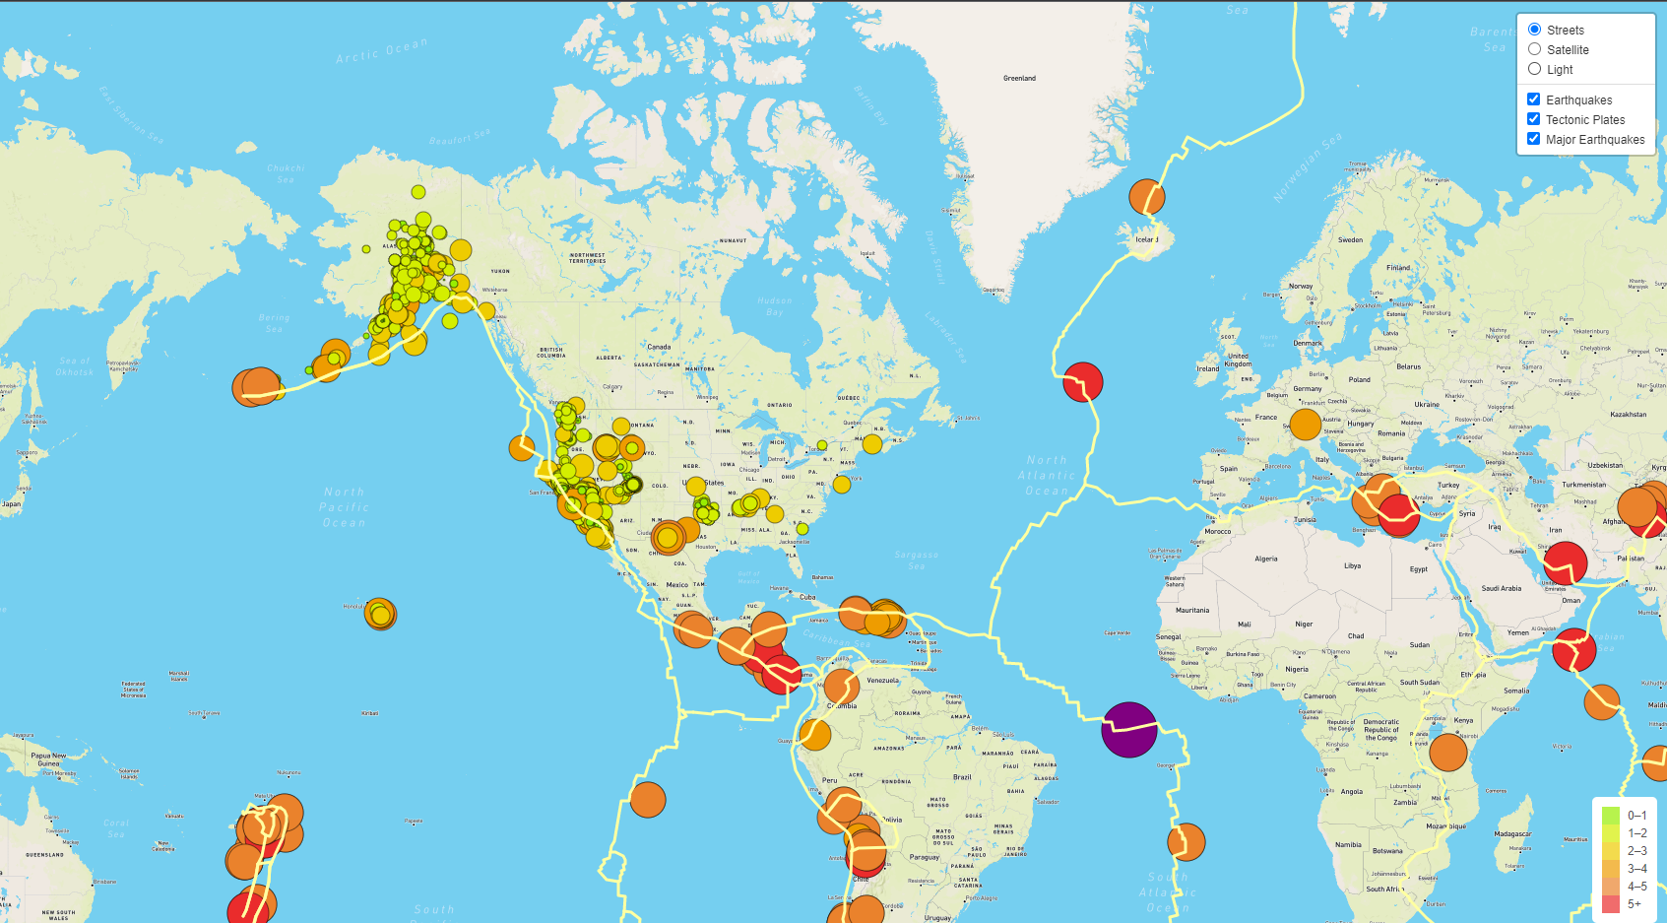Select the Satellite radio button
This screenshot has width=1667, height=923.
click(1534, 49)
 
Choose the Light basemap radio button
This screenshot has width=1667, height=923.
click(1534, 69)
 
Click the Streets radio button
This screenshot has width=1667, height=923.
click(1534, 30)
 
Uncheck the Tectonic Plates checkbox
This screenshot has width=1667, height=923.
click(1533, 119)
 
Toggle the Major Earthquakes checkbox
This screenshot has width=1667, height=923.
click(1533, 139)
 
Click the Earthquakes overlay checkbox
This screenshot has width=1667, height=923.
click(1533, 99)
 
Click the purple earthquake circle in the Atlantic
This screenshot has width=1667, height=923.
click(1129, 729)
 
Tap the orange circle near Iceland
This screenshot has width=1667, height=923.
click(1146, 197)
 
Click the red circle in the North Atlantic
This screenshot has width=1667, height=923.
click(1083, 382)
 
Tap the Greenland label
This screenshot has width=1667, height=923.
click(1019, 78)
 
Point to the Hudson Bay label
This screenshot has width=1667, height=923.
click(775, 306)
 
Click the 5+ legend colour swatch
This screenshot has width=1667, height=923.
click(1610, 903)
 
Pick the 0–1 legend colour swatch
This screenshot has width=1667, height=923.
click(1610, 815)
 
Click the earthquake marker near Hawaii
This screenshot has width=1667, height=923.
click(380, 614)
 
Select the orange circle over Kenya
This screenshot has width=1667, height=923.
click(1447, 752)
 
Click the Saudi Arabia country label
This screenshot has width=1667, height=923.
click(1501, 588)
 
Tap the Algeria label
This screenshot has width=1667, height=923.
click(1266, 559)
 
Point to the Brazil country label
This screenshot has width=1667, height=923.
click(962, 777)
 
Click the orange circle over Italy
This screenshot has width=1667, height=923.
click(1305, 425)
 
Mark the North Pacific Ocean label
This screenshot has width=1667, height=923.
click(345, 506)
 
